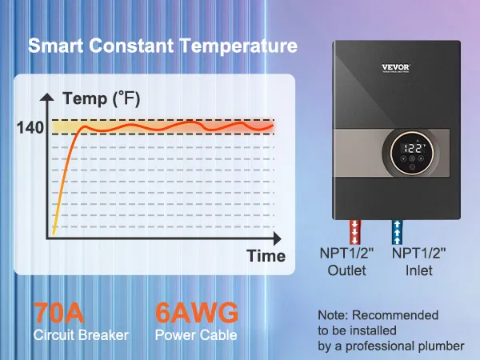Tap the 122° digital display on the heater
tap(414, 148)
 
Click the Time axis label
tap(266, 256)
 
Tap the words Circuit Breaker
tap(80, 335)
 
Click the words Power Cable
tap(196, 335)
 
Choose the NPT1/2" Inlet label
tap(419, 262)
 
